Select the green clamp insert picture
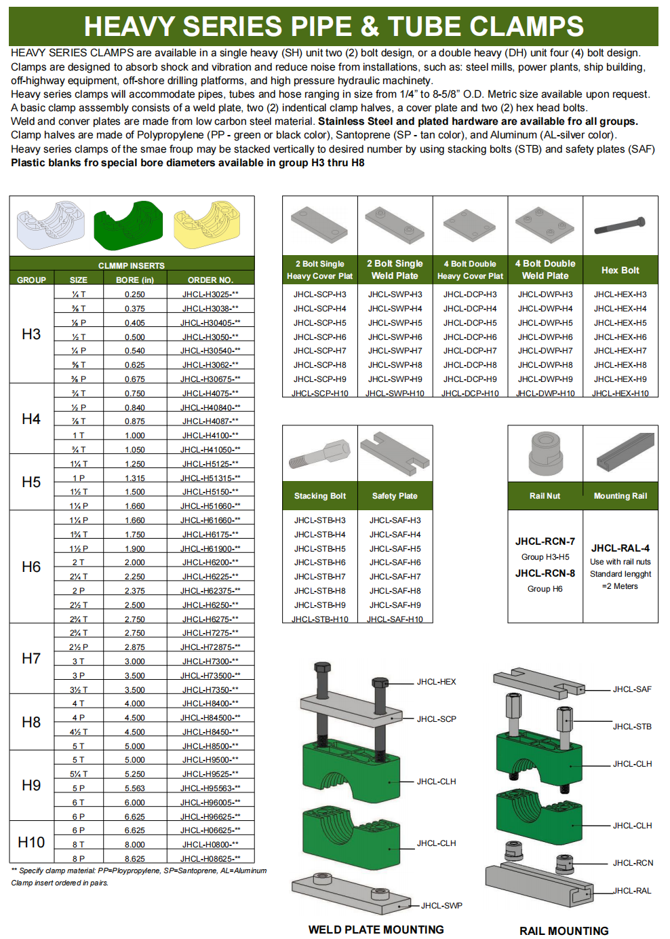(x=128, y=225)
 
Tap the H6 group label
(x=31, y=567)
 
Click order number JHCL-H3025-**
(x=210, y=294)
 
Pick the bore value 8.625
(x=135, y=859)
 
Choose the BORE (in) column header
(x=135, y=280)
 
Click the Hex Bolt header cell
(x=620, y=270)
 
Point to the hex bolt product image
(x=620, y=226)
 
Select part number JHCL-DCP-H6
(x=470, y=337)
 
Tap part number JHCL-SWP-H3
(x=395, y=294)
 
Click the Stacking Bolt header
(x=319, y=496)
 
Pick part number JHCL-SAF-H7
(x=395, y=577)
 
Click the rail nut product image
(x=545, y=453)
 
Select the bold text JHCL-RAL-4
(x=620, y=548)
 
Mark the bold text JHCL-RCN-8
(x=545, y=573)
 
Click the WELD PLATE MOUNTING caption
(x=376, y=930)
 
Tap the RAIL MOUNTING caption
(x=564, y=931)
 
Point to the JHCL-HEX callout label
(x=436, y=682)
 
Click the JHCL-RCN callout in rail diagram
(x=633, y=863)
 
